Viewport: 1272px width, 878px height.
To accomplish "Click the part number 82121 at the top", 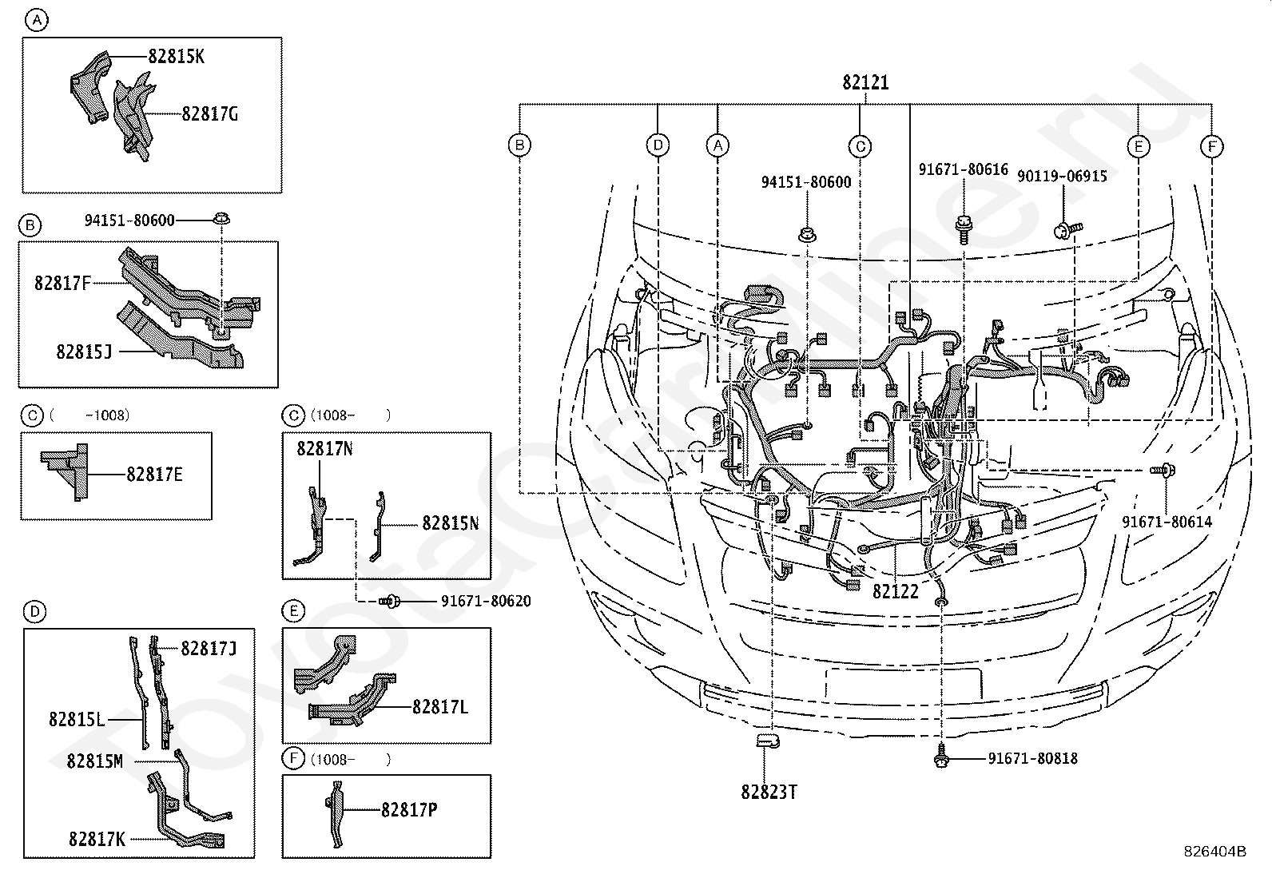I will point(865,82).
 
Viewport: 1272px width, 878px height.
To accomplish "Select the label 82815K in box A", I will point(176,56).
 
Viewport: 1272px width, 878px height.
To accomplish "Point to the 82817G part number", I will point(209,114).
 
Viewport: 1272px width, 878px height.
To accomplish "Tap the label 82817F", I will point(62,283).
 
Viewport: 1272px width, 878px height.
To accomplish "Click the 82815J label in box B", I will point(84,351).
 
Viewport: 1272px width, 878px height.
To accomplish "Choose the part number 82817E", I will point(154,475).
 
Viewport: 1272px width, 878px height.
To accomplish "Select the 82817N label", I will point(324,449).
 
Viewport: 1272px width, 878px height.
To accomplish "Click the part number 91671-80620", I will point(485,602).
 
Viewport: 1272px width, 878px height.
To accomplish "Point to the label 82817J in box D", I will point(208,649).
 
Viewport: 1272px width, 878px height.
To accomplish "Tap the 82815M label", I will point(94,761).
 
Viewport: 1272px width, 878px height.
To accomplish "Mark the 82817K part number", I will point(97,840).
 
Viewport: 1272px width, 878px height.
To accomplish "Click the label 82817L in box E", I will point(439,707).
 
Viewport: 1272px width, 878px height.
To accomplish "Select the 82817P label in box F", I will point(408,810).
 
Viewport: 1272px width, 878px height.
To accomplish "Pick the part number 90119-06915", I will point(1062,176).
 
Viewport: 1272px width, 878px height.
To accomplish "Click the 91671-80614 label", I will point(1167,522).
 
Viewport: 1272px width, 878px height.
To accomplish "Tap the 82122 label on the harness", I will point(895,592).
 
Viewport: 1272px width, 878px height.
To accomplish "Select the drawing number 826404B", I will point(1215,852).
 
